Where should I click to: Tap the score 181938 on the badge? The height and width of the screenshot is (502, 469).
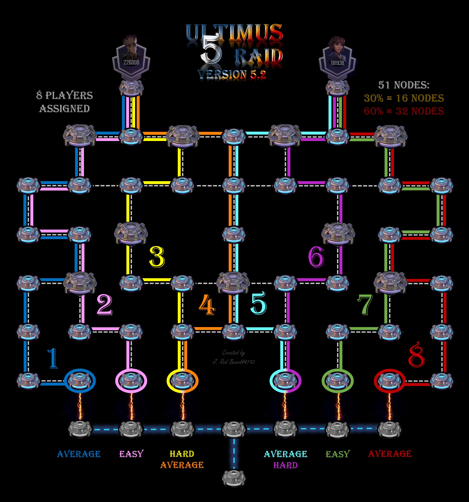(x=337, y=63)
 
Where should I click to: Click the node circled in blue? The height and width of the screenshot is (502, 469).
(x=80, y=380)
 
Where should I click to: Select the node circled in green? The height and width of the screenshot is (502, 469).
(x=337, y=380)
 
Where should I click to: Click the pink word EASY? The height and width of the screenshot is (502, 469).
(x=132, y=454)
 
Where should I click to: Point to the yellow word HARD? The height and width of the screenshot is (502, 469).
(x=182, y=454)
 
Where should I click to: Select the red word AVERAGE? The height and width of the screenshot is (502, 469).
(x=390, y=454)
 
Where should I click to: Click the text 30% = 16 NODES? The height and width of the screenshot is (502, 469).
(x=404, y=98)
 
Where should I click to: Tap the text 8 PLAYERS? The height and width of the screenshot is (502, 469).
(x=65, y=95)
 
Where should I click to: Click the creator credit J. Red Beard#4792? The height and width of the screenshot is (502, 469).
(x=234, y=362)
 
